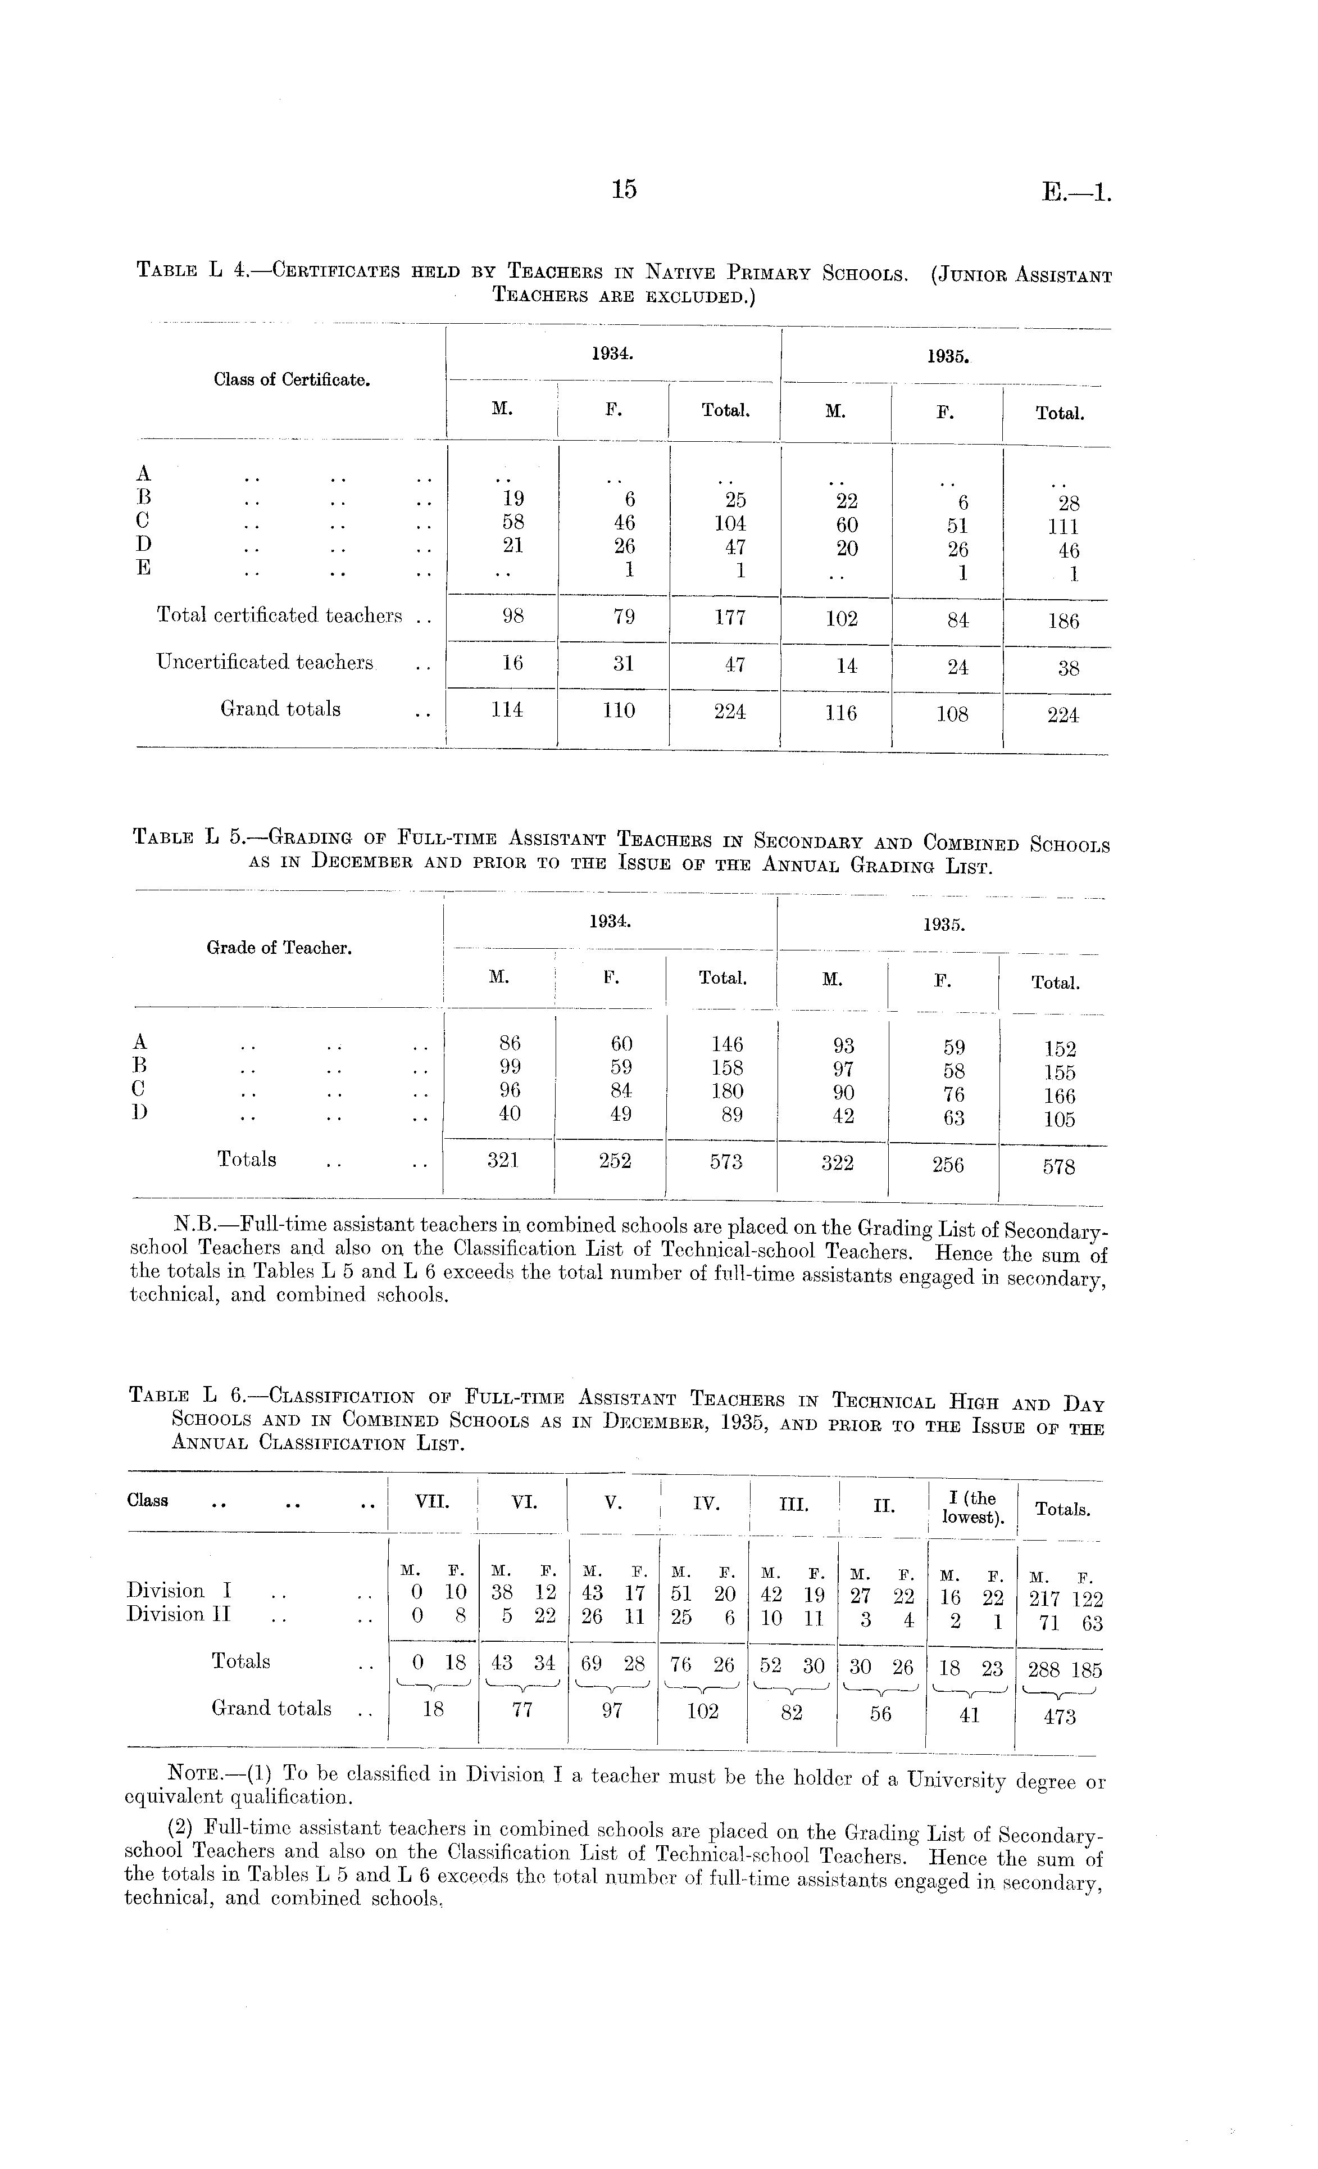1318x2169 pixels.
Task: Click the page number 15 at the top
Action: pos(623,189)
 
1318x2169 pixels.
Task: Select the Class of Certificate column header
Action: pos(291,381)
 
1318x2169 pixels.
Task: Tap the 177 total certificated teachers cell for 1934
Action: pos(729,617)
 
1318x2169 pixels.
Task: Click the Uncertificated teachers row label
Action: pos(265,662)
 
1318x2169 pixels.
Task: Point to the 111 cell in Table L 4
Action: pos(1063,527)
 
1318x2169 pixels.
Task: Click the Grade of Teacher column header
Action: pos(279,948)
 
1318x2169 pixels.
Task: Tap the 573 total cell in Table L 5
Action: pos(726,1162)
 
